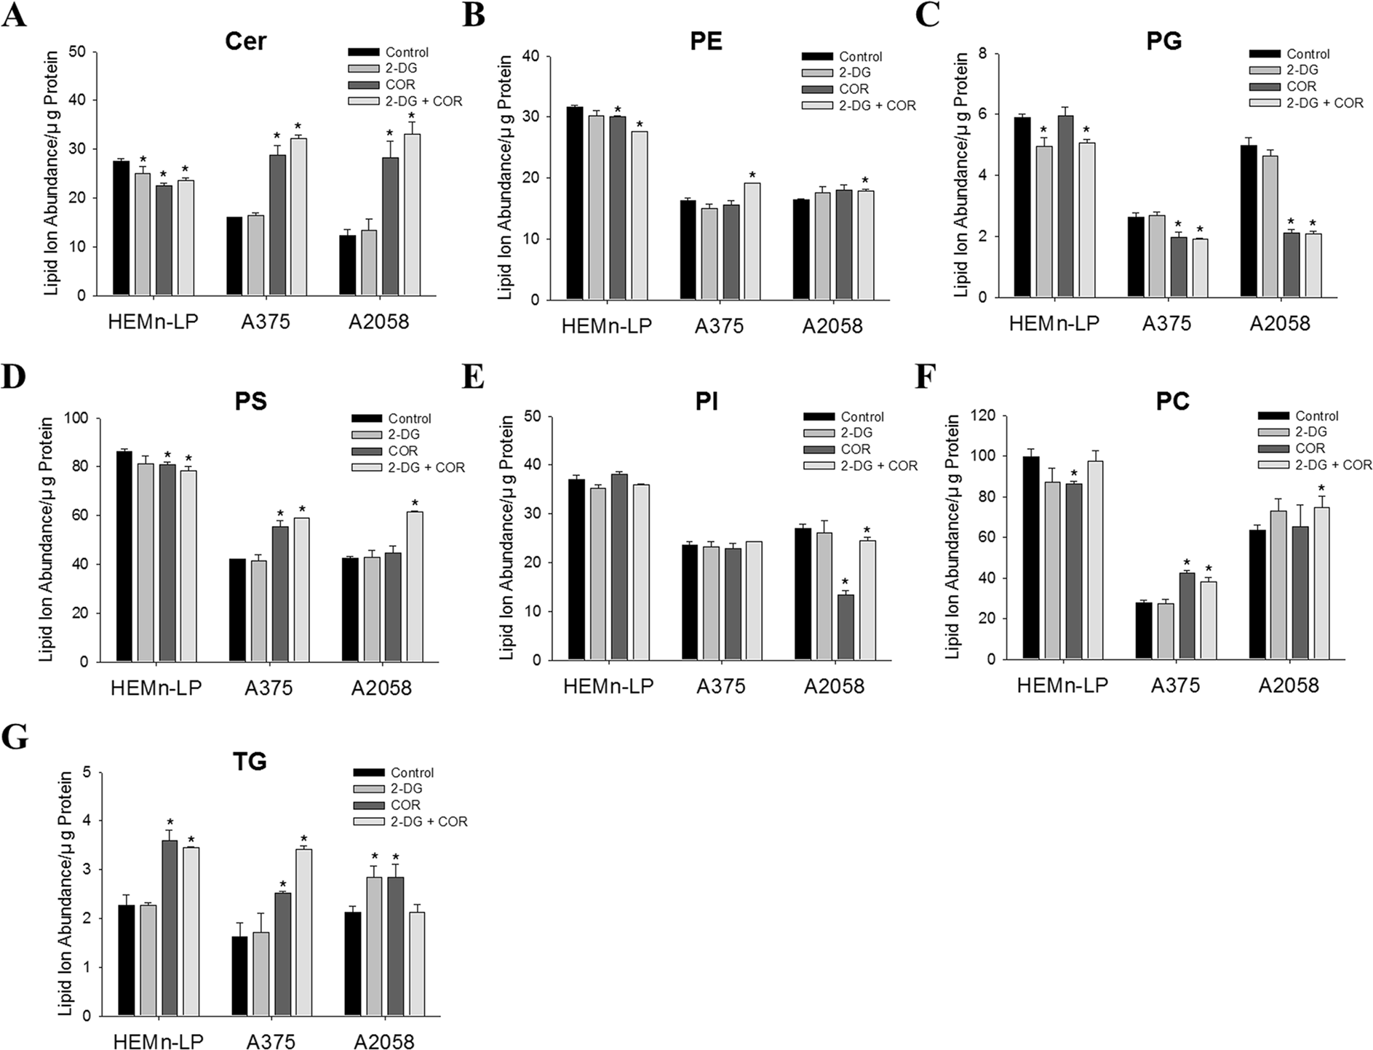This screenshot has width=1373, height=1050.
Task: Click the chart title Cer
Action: (245, 41)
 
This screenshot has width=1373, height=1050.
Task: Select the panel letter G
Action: (15, 737)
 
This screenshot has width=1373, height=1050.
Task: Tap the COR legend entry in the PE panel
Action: (853, 89)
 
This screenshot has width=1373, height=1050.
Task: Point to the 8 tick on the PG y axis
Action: (982, 53)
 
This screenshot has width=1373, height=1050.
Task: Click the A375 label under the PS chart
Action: (268, 688)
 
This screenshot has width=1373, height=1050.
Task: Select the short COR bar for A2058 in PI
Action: (845, 627)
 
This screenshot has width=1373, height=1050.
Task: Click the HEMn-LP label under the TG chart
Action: (158, 1041)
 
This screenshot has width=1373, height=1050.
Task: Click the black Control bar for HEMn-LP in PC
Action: (1030, 557)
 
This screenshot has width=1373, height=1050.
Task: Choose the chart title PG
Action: (1163, 41)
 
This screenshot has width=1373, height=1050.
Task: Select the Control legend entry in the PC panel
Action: (1316, 416)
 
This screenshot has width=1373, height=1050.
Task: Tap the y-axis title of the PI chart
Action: (506, 538)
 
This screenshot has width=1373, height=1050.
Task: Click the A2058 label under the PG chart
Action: (1279, 323)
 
